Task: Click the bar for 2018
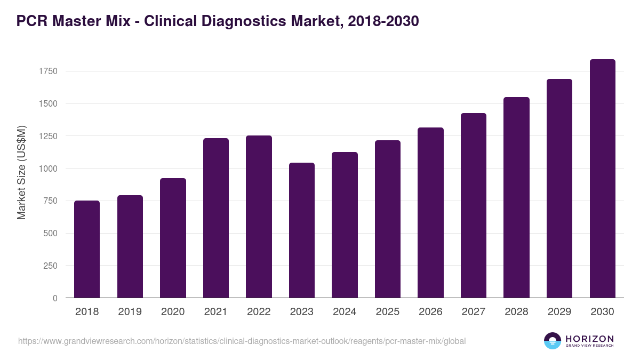click(87, 249)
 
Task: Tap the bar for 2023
click(302, 230)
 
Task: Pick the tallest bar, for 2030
click(602, 178)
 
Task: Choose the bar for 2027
click(474, 205)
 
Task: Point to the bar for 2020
click(173, 238)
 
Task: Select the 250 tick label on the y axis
click(50, 266)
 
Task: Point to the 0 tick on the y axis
click(55, 298)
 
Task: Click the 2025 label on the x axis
click(388, 312)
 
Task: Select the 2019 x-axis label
click(130, 312)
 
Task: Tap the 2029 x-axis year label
click(559, 312)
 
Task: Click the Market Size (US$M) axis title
click(22, 172)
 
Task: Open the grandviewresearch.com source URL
click(242, 341)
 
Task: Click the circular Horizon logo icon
click(553, 341)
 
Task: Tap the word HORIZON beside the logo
click(589, 339)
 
